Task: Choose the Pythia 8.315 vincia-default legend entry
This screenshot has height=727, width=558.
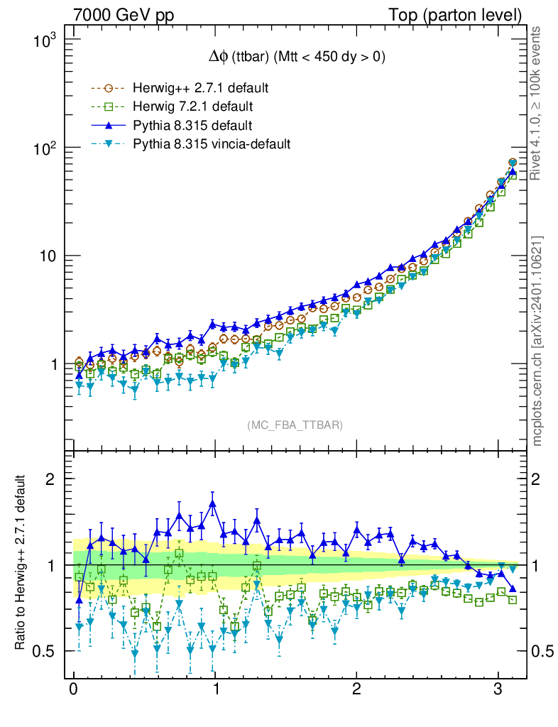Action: click(x=212, y=144)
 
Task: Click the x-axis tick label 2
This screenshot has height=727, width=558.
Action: click(x=356, y=691)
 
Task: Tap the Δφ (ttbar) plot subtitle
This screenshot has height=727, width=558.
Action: click(x=292, y=58)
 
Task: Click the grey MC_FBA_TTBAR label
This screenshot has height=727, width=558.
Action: click(x=295, y=425)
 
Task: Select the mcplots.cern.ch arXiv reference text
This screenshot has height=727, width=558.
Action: click(x=537, y=341)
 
